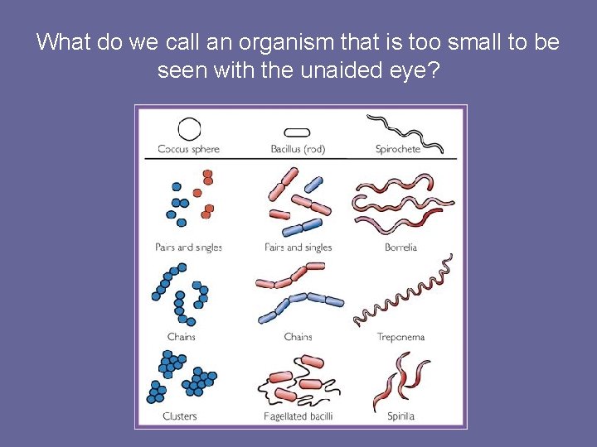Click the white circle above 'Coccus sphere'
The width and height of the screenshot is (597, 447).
pyautogui.click(x=189, y=129)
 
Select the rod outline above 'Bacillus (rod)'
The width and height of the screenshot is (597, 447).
pyautogui.click(x=297, y=132)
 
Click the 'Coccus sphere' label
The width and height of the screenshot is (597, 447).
pyautogui.click(x=188, y=150)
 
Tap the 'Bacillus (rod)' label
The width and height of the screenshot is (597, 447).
pyautogui.click(x=298, y=150)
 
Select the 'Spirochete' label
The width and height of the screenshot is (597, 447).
pyautogui.click(x=398, y=150)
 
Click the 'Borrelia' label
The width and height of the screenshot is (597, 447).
pyautogui.click(x=400, y=248)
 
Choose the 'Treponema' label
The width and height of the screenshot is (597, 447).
pyautogui.click(x=400, y=338)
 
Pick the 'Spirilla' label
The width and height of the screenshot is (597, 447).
pyautogui.click(x=400, y=416)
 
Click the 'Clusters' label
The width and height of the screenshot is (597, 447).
pyautogui.click(x=180, y=416)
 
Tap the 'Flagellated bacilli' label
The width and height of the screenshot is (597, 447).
pyautogui.click(x=298, y=416)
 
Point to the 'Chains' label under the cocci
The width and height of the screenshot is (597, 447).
pyautogui.click(x=181, y=338)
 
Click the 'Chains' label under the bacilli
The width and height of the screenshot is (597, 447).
pyautogui.click(x=298, y=338)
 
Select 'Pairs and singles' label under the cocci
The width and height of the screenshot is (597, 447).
pyautogui.click(x=188, y=248)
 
